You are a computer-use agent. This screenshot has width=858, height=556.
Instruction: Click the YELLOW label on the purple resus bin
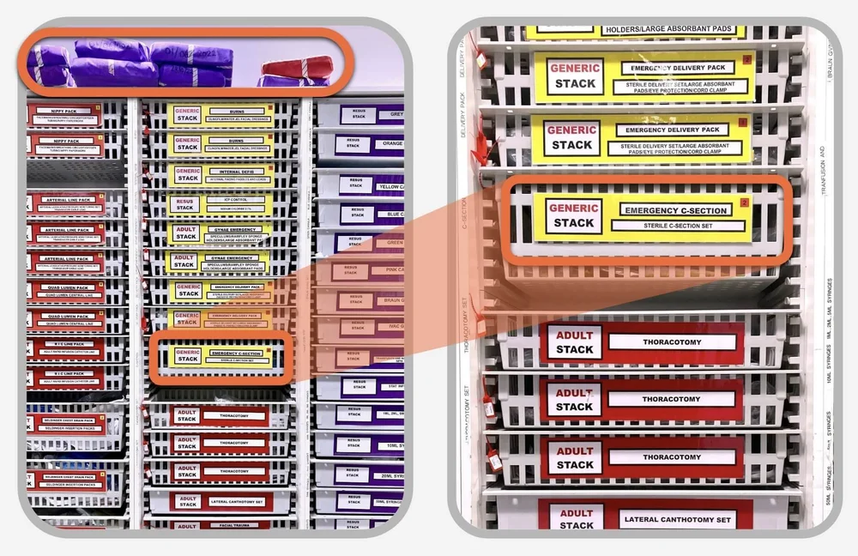click(x=390, y=185)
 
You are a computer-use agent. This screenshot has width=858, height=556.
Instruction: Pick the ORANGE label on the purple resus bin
click(x=390, y=144)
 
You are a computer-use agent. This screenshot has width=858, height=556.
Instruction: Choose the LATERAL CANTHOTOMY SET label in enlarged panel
click(x=676, y=519)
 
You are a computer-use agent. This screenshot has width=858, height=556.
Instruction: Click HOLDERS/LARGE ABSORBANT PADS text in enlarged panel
click(x=669, y=30)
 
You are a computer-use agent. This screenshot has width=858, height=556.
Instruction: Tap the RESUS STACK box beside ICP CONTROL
click(x=184, y=204)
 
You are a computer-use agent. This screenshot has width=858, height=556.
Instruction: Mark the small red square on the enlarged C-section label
click(x=745, y=202)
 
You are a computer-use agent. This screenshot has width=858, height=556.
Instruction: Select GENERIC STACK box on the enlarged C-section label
click(x=573, y=215)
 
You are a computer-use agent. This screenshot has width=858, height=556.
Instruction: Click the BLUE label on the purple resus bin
click(x=390, y=215)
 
